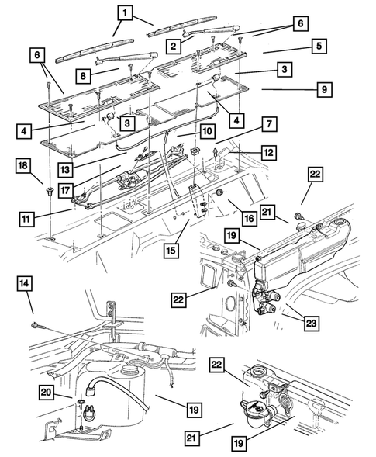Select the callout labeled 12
click(x=268, y=154)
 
